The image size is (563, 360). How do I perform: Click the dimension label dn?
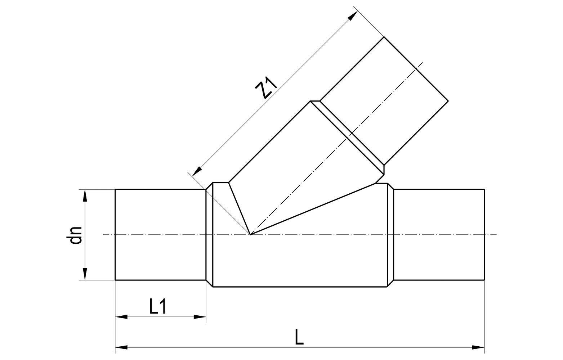[76, 235]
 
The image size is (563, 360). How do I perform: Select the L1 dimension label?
[157, 306]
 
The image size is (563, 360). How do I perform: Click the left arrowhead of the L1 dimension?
[121, 317]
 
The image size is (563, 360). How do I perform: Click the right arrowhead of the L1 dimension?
[200, 317]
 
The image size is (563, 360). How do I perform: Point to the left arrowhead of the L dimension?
[121, 348]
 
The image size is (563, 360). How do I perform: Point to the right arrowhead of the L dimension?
[478, 348]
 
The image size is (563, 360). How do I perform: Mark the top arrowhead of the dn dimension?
[85, 195]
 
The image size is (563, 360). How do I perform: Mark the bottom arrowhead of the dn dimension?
[85, 274]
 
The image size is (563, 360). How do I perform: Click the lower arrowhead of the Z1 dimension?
[197, 171]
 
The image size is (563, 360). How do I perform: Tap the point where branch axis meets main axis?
[250, 235]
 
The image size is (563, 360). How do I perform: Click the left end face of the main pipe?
[115, 234]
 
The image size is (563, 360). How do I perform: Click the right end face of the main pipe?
[484, 234]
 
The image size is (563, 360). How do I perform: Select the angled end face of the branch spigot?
[416, 68]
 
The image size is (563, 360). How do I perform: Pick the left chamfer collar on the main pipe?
[210, 235]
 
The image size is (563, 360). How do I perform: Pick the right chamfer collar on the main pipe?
[390, 235]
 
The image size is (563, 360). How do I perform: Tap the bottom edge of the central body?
[300, 287]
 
